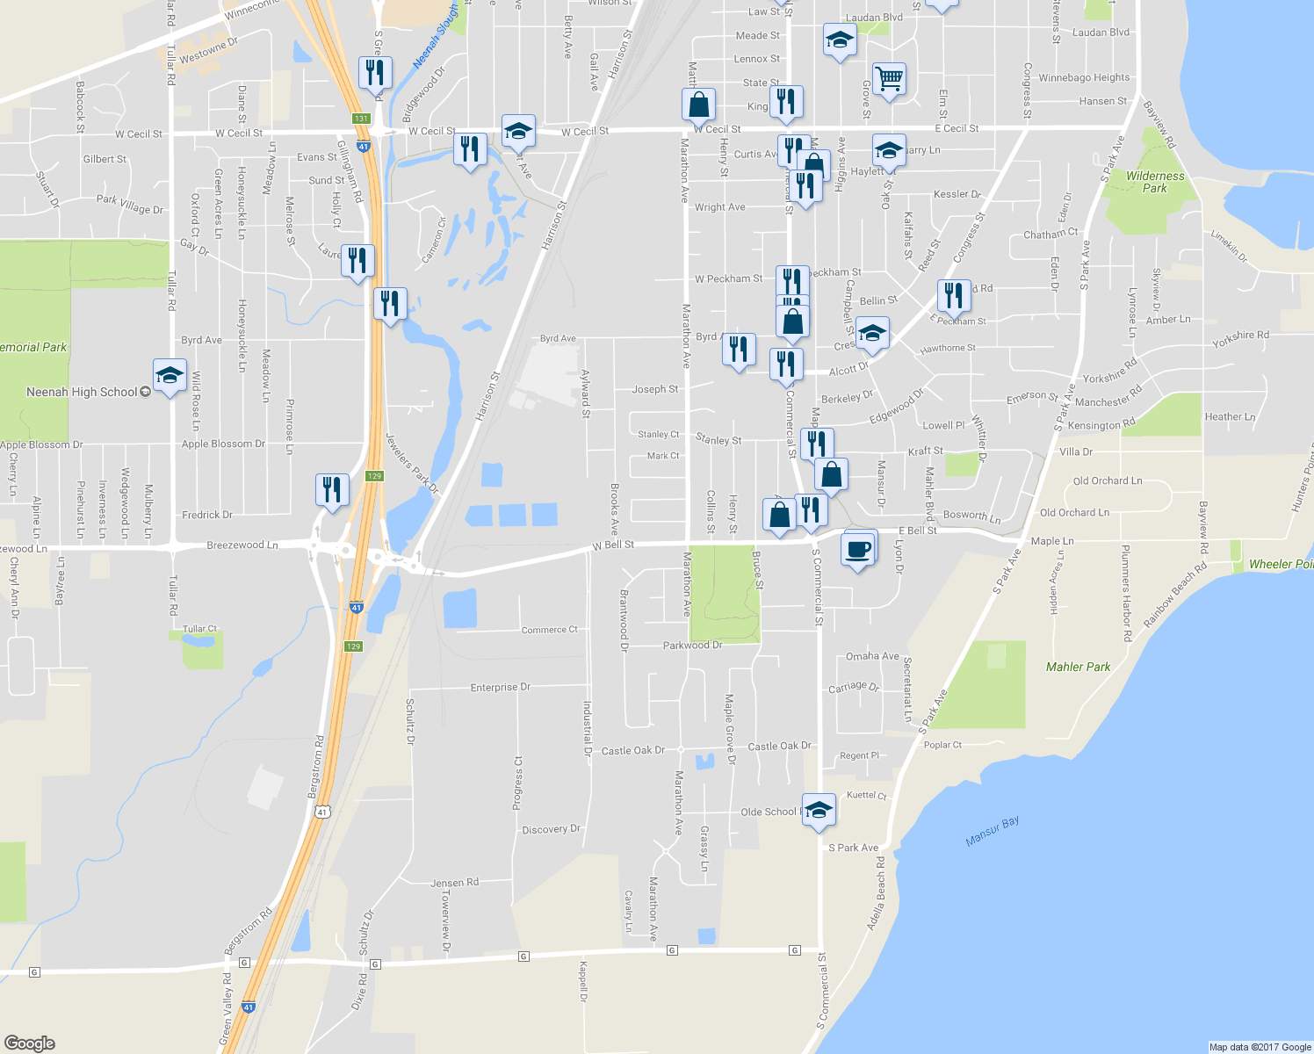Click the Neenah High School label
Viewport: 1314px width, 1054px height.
click(x=82, y=392)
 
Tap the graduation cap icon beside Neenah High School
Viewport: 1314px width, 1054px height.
click(x=169, y=376)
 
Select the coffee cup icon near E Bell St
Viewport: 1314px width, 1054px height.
click(x=858, y=550)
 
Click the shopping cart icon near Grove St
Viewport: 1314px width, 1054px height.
click(x=889, y=79)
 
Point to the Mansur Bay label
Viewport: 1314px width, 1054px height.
click(x=993, y=831)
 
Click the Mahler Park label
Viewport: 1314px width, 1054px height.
click(x=1078, y=667)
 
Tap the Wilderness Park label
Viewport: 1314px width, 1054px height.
click(x=1155, y=182)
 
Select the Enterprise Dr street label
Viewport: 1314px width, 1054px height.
click(x=500, y=687)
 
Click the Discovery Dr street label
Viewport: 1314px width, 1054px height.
click(x=551, y=829)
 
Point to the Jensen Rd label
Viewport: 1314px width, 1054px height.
click(x=454, y=883)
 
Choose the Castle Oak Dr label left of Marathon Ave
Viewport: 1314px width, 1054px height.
click(x=632, y=750)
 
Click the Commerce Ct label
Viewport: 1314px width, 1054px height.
click(x=549, y=630)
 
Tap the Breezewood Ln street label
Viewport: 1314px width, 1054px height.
click(x=242, y=545)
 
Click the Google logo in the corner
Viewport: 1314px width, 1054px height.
click(x=30, y=1043)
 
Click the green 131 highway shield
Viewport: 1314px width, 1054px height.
click(x=361, y=119)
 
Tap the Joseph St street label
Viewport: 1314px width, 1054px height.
click(x=655, y=389)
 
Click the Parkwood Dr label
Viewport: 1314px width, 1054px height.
click(x=692, y=645)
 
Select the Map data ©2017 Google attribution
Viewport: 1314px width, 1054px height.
click(x=1260, y=1046)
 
